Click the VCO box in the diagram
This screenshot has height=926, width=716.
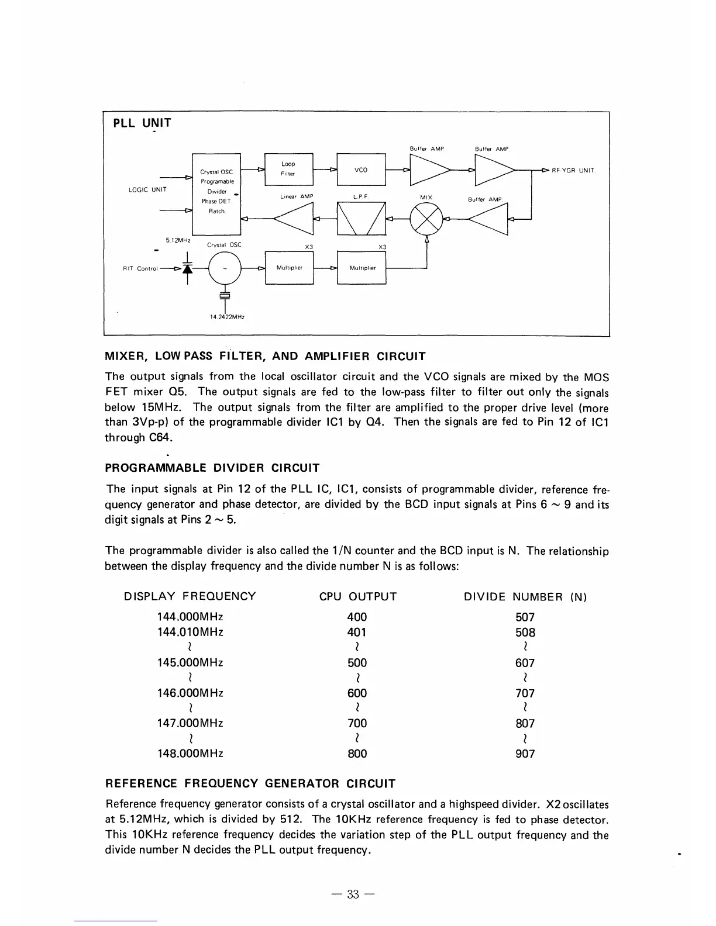point(361,170)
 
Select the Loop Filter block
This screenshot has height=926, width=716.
point(289,169)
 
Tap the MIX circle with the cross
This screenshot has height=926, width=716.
point(426,220)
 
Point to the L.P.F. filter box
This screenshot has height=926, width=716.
point(361,219)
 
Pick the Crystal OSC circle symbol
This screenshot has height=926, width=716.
point(225,268)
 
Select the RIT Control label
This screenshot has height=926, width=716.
point(140,269)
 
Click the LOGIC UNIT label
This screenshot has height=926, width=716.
point(147,189)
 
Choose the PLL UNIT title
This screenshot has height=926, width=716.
point(142,123)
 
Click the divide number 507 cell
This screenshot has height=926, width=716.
point(525,617)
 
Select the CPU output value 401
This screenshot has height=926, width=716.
point(357,633)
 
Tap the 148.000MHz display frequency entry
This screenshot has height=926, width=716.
point(190,754)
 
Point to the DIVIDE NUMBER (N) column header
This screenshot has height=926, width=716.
point(525,597)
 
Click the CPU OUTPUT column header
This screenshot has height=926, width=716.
point(357,597)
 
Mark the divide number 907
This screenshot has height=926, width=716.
point(525,754)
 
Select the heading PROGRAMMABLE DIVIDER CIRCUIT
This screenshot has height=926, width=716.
point(212,468)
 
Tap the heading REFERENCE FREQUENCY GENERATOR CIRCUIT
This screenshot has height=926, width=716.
point(250,783)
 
